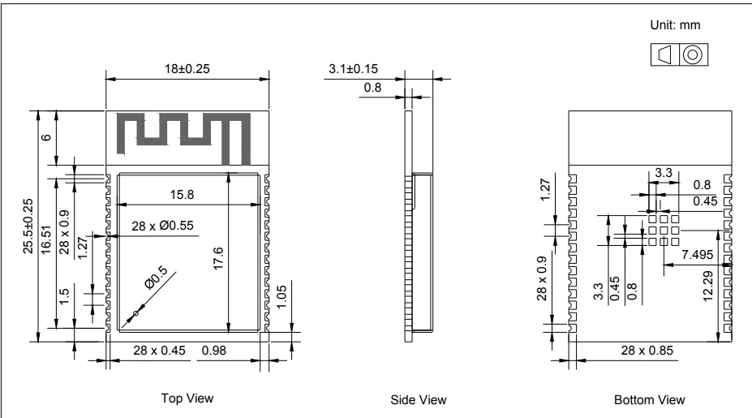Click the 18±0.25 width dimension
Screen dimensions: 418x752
pyautogui.click(x=187, y=69)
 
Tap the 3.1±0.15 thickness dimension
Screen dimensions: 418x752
pyautogui.click(x=354, y=69)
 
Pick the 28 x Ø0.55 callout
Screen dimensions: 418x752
pyautogui.click(x=162, y=226)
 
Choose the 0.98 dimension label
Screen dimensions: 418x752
pyautogui.click(x=214, y=350)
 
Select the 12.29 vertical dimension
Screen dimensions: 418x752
pyautogui.click(x=709, y=284)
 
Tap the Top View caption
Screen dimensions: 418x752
pyautogui.click(x=187, y=398)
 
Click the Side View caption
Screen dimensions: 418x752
pyautogui.click(x=419, y=399)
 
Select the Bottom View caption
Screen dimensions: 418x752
pyautogui.click(x=649, y=399)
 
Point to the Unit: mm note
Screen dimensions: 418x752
pyautogui.click(x=675, y=26)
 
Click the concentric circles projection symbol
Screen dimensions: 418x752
pyautogui.click(x=692, y=54)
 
